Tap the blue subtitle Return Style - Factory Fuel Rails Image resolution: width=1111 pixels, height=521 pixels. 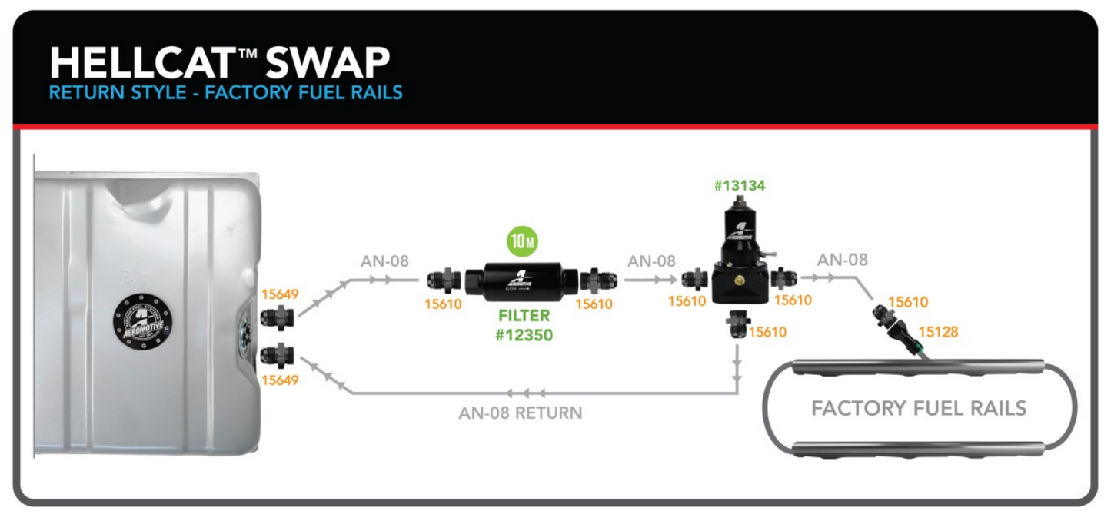click(225, 93)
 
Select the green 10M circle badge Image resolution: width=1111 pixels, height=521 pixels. click(522, 242)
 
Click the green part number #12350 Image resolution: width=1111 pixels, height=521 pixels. click(523, 335)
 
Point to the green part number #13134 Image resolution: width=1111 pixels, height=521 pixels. click(739, 185)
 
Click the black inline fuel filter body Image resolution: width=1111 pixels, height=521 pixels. click(523, 281)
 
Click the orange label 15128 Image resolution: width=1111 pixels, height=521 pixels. click(938, 332)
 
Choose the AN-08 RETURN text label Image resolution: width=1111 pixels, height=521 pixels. click(521, 413)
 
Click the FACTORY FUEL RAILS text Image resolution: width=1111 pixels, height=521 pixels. click(919, 407)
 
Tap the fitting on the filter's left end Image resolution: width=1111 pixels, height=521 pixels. click(444, 280)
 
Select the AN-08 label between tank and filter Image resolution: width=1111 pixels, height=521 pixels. click(384, 261)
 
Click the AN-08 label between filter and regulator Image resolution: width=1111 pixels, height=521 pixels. click(651, 261)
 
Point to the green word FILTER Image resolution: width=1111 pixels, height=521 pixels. click(523, 315)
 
